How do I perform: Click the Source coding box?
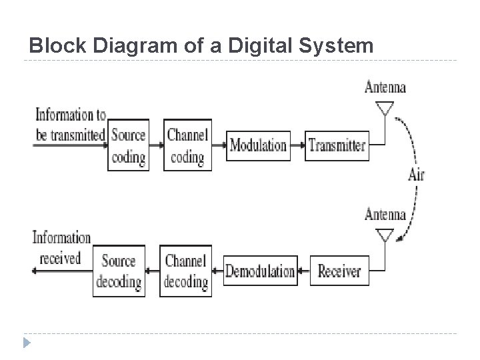point(128,145)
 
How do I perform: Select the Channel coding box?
point(187,145)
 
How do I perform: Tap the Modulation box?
point(258,145)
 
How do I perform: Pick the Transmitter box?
point(337,145)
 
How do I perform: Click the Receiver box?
point(339,271)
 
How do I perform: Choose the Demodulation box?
point(260,271)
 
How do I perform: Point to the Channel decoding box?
point(185,271)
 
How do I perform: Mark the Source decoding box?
point(119,271)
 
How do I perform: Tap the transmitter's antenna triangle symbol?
point(385,108)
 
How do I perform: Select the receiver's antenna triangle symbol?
point(385,235)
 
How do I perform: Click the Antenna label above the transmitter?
point(385,87)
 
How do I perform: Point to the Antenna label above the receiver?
point(385,215)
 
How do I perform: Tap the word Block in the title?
point(55,46)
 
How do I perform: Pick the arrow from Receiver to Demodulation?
point(303,271)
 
